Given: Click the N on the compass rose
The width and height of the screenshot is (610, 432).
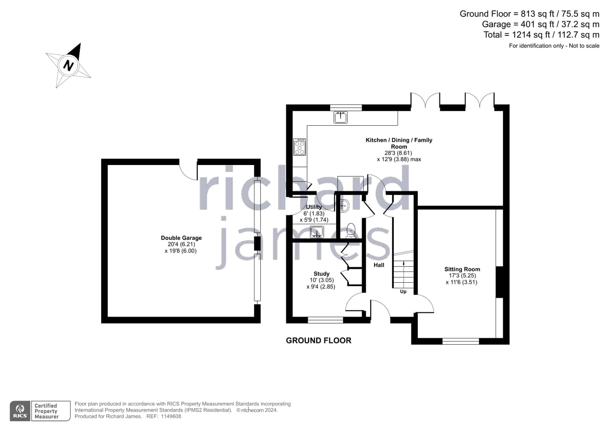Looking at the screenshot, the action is point(68,65).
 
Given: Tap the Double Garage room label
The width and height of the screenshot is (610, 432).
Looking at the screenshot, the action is point(181,238).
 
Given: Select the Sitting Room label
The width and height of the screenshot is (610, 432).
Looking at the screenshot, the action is point(462,269).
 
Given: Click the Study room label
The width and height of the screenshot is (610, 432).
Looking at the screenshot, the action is point(321,273).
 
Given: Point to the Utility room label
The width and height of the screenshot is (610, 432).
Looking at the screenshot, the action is point(314,207).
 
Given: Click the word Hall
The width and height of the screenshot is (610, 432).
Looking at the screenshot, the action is point(379,265).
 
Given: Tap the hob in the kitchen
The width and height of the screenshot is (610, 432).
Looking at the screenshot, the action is point(299,147).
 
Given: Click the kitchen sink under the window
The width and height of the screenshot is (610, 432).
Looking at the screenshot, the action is point(340,117).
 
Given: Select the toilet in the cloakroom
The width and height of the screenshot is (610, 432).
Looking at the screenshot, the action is point(351,230).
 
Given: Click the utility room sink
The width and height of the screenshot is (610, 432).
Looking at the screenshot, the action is point(317,232).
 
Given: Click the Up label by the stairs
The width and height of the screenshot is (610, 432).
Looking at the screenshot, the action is point(403,291).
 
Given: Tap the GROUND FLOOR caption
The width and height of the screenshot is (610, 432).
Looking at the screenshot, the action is point(319,340).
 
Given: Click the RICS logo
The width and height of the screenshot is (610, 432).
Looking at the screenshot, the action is point(20,411).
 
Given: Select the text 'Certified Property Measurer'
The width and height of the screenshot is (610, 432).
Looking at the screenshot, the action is point(47,411).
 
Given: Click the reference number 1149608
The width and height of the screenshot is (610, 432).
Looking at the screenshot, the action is point(171,416).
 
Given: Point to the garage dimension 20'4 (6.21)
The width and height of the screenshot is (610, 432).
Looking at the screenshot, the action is point(181,244).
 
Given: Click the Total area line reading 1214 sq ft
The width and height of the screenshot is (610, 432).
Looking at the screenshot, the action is point(541,35).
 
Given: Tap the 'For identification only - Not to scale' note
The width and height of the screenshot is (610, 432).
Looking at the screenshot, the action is point(554,46).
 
